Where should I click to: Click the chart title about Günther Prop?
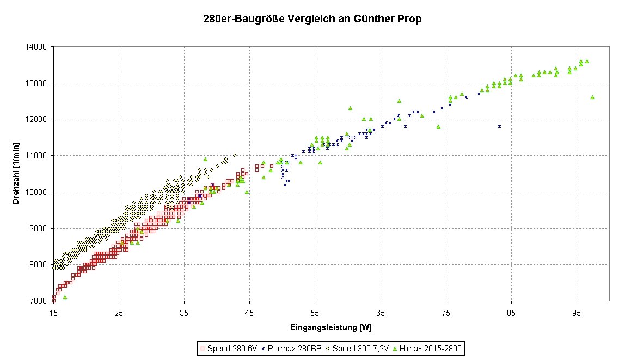click(311, 19)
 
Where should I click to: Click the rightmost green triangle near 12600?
click(592, 97)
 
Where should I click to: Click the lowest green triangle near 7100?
click(65, 297)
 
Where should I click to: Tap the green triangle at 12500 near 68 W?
click(399, 101)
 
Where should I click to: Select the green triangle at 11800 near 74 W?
click(438, 126)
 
